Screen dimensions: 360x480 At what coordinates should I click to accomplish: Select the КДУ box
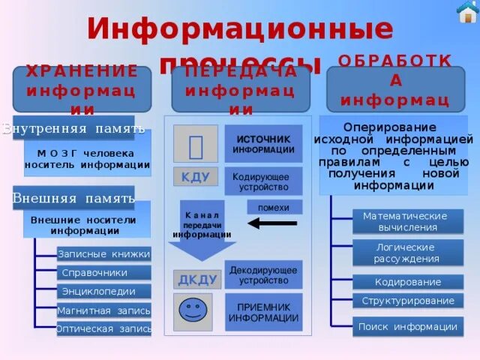tap(195, 177)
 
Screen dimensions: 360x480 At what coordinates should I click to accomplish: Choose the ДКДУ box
tap(197, 280)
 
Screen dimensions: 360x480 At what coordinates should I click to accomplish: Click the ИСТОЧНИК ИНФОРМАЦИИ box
tap(263, 144)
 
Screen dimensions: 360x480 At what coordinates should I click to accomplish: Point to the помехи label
tap(274, 207)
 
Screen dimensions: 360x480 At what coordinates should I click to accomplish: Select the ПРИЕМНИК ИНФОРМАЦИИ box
tap(263, 312)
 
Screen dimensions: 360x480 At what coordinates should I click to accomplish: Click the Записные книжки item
tap(103, 254)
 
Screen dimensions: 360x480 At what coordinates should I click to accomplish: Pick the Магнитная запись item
tap(103, 310)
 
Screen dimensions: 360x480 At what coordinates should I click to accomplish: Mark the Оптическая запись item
tap(103, 328)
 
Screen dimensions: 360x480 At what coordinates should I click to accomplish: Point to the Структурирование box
tap(408, 301)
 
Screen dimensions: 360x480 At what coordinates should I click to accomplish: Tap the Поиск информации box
tap(408, 327)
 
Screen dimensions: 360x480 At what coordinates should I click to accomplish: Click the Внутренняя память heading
tap(73, 128)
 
